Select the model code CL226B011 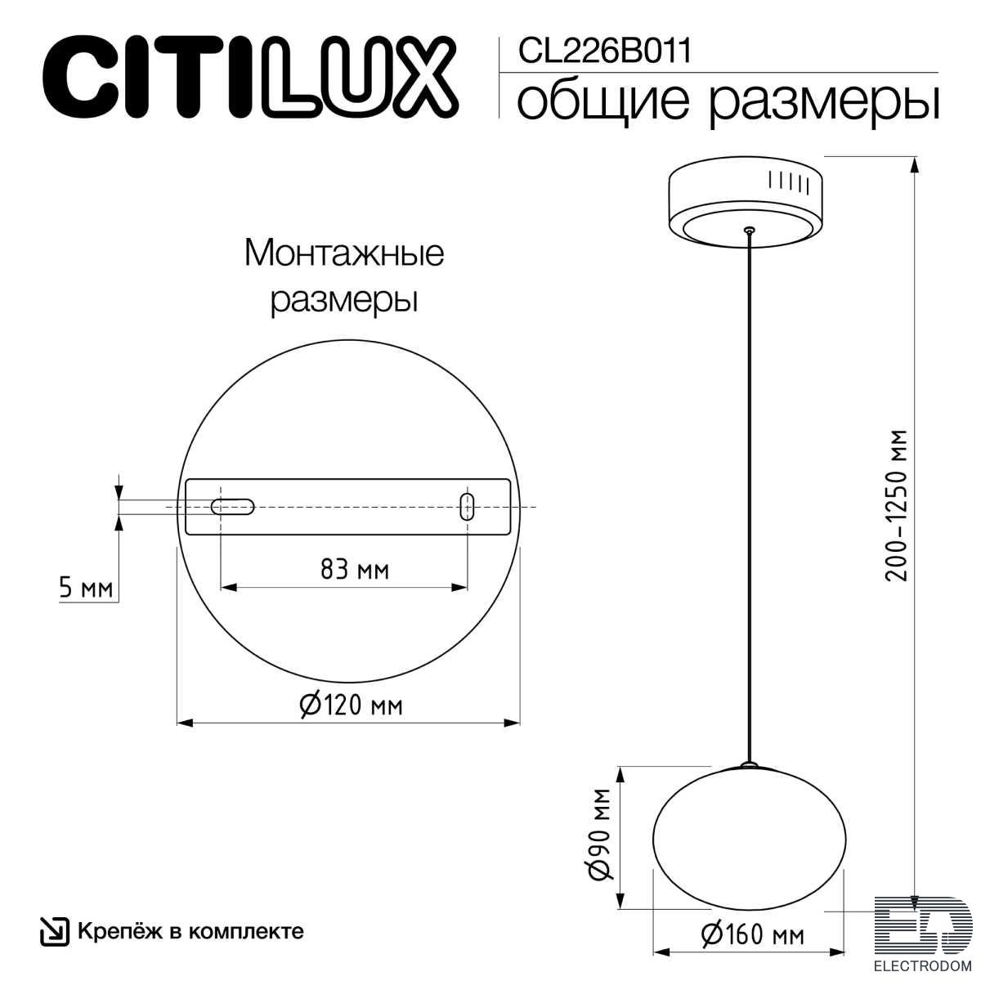coord(605,51)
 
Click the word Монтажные coord(344,253)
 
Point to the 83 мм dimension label coord(355,570)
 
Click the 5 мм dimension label coord(86,588)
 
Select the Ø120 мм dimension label coord(351,706)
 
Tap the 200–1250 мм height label coord(897,505)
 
